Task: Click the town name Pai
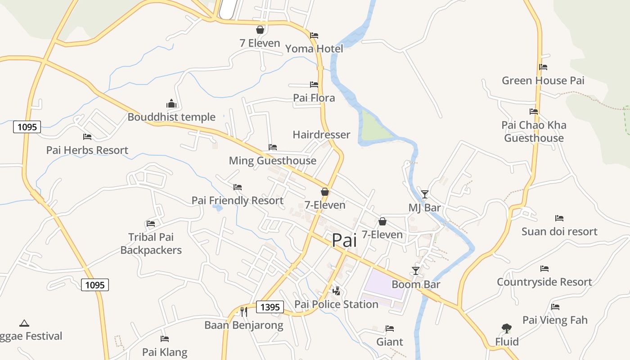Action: [x=344, y=240]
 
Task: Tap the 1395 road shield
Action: [x=270, y=307]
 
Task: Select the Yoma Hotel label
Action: [x=314, y=49]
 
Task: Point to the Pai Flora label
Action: [x=314, y=98]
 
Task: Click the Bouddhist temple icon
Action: [x=171, y=104]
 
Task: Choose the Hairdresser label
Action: [x=321, y=135]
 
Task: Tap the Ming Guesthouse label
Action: [x=272, y=161]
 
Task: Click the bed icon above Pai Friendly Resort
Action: [x=238, y=187]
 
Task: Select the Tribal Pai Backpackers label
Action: [x=151, y=243]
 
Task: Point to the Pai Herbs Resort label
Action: [x=87, y=150]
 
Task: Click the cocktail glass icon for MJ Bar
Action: [x=424, y=194]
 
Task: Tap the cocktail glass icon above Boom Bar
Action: [x=416, y=271]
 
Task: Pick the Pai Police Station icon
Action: [x=336, y=291]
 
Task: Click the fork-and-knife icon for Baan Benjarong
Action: [x=243, y=311]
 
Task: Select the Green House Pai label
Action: [x=543, y=81]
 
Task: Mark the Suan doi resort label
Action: [x=559, y=231]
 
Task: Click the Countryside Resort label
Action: [x=544, y=282]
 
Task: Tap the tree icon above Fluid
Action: [x=507, y=328]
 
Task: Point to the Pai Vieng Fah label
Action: [x=555, y=320]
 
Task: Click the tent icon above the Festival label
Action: [x=24, y=323]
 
